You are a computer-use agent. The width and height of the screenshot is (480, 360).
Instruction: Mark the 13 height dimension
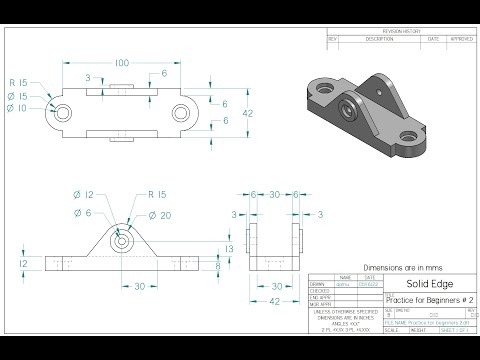229,248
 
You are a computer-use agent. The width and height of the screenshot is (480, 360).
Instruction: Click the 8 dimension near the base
219,266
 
